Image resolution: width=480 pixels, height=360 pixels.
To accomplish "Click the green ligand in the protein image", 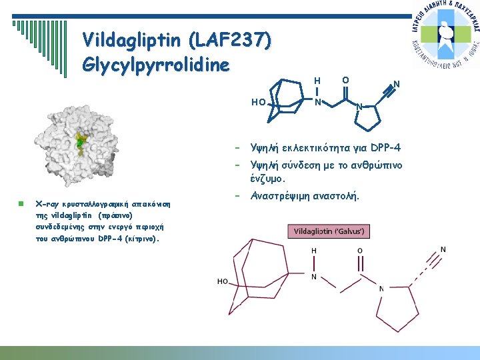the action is coord(80,141).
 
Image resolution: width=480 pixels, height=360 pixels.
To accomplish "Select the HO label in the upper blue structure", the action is coord(259,103).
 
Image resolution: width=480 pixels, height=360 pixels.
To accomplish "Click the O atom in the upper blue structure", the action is coord(345,81).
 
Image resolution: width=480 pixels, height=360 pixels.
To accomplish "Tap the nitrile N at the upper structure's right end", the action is coord(396,85).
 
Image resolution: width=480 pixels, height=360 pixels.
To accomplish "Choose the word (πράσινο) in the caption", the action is coord(115,216).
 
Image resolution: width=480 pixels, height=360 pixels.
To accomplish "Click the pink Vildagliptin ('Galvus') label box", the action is coord(329,231).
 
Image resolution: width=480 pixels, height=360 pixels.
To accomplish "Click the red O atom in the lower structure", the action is coord(360,251).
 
